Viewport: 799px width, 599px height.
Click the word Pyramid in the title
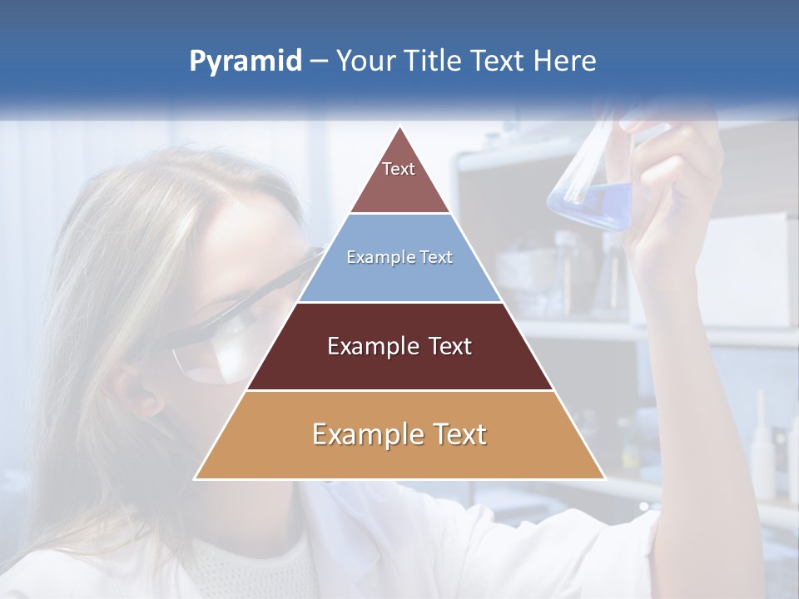246,62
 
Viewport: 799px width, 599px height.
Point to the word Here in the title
565,62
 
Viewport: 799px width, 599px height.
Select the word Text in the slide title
501,62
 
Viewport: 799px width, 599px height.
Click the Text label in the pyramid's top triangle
399,169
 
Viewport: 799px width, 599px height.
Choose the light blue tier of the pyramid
399,275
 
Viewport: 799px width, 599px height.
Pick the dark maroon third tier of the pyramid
399,366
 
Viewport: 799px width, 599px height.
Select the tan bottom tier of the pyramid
399,458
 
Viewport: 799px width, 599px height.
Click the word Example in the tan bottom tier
364,434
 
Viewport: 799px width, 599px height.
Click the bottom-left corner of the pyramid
196,478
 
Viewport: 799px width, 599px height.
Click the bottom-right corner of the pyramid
604,478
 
